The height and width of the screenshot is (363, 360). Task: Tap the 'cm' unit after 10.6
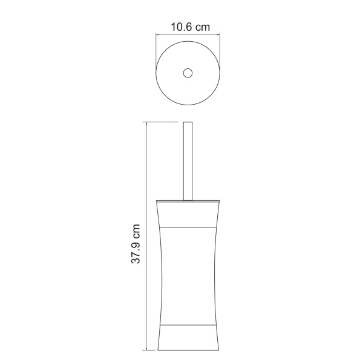tap(204, 27)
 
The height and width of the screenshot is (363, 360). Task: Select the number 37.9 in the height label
tap(137, 249)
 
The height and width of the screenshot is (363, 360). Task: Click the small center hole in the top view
tap(188, 73)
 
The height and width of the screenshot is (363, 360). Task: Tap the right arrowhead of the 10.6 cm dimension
tap(217, 35)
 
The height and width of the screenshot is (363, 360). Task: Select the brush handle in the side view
tap(188, 160)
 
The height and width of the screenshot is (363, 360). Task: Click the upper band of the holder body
tap(188, 213)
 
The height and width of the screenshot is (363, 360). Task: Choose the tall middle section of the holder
tap(188, 275)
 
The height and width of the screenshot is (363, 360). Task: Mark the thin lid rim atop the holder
tap(188, 200)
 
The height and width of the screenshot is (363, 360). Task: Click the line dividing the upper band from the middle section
tap(188, 225)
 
